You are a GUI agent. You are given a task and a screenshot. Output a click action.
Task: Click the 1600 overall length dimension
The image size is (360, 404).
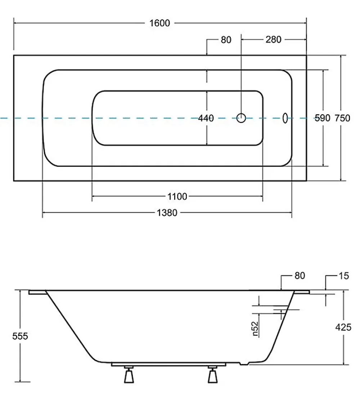pos(159,23)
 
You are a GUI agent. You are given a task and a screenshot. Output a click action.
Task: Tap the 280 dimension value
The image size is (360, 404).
pos(273,40)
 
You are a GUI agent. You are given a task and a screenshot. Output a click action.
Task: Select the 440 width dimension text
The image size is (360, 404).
pos(206,118)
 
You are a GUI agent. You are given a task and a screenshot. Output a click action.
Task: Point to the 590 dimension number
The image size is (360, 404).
pos(323,118)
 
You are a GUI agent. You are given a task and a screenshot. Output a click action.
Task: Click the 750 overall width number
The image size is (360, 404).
pos(342,118)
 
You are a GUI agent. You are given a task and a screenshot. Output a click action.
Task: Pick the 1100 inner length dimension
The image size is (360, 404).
pos(177,196)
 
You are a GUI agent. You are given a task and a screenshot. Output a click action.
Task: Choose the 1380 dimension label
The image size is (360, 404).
pos(167,213)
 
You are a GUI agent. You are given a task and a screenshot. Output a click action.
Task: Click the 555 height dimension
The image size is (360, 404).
pos(20,336)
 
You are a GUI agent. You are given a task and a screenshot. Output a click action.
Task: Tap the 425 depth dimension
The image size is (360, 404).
pos(343,327)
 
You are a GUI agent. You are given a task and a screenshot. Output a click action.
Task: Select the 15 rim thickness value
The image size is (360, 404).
pos(344,276)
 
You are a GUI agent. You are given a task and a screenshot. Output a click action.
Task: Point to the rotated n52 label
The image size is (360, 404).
pos(255,329)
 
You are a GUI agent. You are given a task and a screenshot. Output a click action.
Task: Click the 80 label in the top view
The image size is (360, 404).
pos(226,40)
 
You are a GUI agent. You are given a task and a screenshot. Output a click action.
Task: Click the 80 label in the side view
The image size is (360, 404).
pos(300,276)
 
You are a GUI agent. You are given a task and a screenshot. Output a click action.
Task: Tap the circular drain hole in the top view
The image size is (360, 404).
pos(241,118)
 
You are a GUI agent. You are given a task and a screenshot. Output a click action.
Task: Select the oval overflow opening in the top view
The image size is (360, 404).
pos(285,118)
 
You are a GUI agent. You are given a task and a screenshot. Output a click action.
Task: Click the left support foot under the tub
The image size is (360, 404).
pos(129,375)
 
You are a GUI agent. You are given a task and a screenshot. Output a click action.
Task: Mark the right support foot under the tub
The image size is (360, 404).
pos(212,375)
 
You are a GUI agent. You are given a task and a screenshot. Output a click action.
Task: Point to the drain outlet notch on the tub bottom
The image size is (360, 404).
pos(244,364)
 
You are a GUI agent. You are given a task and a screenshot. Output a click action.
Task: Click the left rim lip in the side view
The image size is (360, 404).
pos(38,292)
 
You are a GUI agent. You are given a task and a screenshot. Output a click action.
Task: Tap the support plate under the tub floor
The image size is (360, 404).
pos(168,364)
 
